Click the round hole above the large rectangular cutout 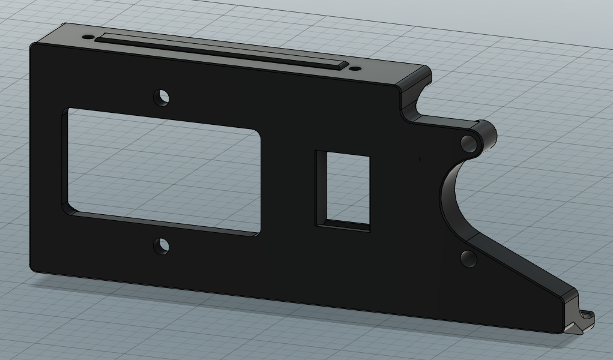click(x=162, y=97)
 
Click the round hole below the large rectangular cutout click(x=162, y=245)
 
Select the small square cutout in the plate click(x=343, y=190)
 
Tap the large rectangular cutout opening click(x=163, y=170)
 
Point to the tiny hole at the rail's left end click(x=88, y=37)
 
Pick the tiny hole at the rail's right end click(x=356, y=69)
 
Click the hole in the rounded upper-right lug click(x=468, y=143)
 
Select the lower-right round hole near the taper click(x=468, y=259)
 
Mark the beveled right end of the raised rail click(x=342, y=65)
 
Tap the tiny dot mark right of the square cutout click(x=420, y=159)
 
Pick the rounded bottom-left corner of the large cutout click(x=70, y=209)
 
